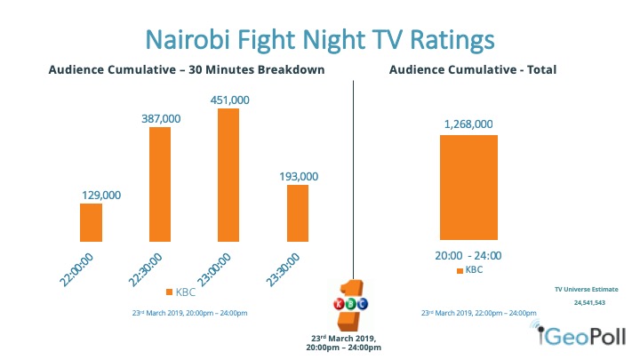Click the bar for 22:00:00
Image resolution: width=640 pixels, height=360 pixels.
91,222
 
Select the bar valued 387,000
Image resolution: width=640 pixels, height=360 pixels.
160,184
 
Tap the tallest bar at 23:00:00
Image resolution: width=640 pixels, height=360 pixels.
228,174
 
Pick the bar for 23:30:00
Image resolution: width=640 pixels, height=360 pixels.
298,212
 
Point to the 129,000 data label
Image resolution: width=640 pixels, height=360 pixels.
91,195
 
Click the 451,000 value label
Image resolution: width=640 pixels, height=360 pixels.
228,100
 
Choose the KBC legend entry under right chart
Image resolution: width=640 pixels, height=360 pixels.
471,269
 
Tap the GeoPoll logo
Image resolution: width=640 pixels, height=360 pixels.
584,335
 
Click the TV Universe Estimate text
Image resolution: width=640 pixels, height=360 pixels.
586,289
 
